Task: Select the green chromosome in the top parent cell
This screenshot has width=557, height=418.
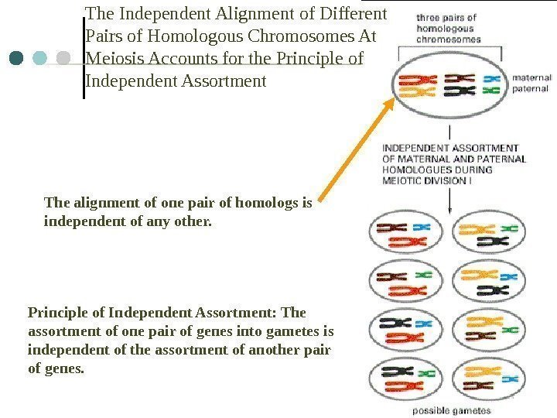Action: (489, 91)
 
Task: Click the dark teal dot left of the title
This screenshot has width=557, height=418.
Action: (18, 58)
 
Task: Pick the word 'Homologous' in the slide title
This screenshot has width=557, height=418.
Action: (178, 36)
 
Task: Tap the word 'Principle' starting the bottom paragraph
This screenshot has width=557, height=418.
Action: (54, 313)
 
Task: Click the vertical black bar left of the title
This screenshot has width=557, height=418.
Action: (84, 51)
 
